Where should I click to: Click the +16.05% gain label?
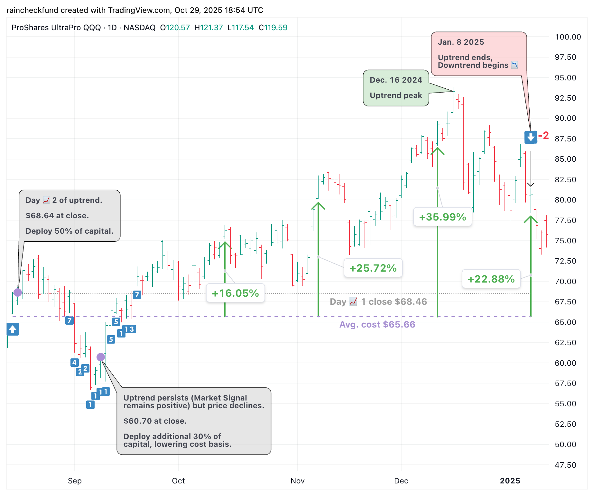(x=235, y=293)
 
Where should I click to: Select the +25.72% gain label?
(x=373, y=268)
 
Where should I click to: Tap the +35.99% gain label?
(x=442, y=217)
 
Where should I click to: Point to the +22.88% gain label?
(x=491, y=279)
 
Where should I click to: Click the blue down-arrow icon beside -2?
(x=531, y=137)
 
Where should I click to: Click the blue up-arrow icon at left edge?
(x=13, y=329)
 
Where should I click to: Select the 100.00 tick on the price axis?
(x=568, y=37)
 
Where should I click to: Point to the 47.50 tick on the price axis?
(x=565, y=465)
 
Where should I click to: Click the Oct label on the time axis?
(x=178, y=481)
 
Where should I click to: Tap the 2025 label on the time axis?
(x=510, y=481)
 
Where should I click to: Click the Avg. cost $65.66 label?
(x=377, y=325)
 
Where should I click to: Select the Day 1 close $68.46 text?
(x=378, y=302)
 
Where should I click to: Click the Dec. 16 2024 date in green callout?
(x=396, y=80)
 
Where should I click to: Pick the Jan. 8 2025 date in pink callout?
(x=461, y=42)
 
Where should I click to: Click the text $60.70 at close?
(x=155, y=421)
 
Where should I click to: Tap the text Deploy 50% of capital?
(x=69, y=231)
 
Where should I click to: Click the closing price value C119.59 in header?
(x=273, y=28)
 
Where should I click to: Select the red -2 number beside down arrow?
(x=544, y=136)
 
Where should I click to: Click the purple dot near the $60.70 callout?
(x=101, y=357)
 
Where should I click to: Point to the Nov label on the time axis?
(x=297, y=481)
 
